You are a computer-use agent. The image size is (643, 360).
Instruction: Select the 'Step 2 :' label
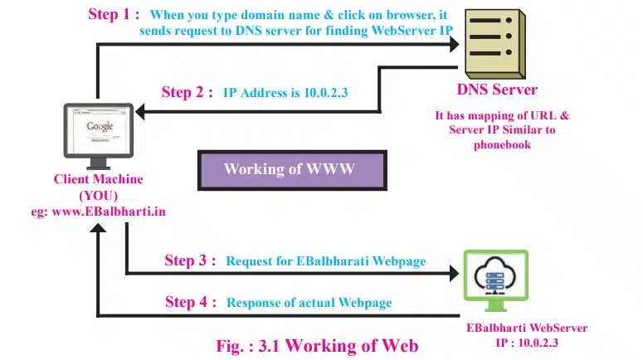click(188, 92)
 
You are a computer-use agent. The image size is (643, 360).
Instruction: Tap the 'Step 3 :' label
click(190, 260)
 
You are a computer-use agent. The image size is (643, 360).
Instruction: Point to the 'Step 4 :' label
click(190, 302)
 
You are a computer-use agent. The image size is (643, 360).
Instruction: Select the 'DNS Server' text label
click(497, 89)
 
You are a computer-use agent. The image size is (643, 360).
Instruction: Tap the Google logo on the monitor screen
click(100, 127)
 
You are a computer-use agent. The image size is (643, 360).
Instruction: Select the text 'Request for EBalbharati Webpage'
click(325, 261)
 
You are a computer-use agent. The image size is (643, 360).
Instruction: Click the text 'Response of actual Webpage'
click(309, 303)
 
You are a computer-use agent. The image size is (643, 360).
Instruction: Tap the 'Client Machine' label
click(98, 179)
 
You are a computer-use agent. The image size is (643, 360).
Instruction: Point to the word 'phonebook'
click(501, 144)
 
